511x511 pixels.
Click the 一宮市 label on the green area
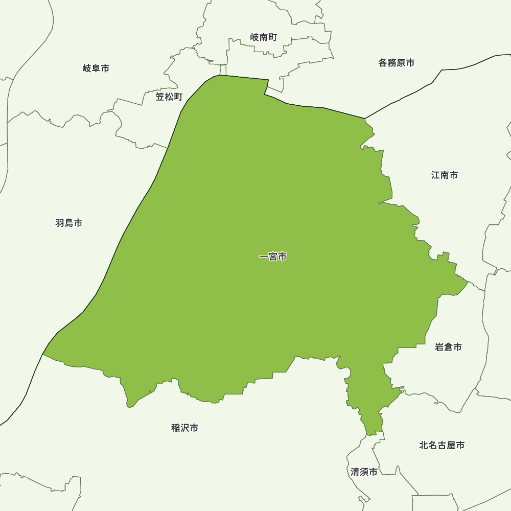point(273,257)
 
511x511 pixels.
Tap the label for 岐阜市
point(96,68)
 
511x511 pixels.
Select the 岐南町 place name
point(264,37)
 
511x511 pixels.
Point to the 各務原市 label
point(397,63)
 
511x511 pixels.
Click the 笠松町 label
point(169,97)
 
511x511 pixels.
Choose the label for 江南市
point(445,175)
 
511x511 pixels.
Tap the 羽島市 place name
point(69,223)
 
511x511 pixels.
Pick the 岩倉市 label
point(448,347)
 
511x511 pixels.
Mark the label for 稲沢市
point(185,428)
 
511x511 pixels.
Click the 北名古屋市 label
point(442,446)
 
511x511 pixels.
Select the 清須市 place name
point(364,472)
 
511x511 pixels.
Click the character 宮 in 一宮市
point(273,257)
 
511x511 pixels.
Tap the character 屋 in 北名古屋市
point(451,446)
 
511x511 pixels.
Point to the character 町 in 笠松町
point(178,97)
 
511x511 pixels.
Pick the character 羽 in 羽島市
point(60,223)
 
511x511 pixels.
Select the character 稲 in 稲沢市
point(176,428)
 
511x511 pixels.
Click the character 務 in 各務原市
point(392,63)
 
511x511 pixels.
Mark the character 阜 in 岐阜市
point(96,68)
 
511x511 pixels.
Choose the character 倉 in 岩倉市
point(448,347)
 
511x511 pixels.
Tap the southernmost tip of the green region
point(369,435)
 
